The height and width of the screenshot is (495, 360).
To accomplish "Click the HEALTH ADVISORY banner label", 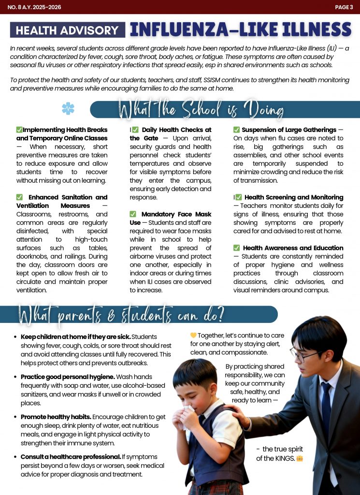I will coord(67,30).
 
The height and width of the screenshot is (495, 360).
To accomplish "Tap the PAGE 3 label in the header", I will coord(344,7).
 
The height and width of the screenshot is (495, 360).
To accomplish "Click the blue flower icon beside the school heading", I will coord(68,109).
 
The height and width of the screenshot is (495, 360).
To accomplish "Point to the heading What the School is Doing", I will coord(201,109).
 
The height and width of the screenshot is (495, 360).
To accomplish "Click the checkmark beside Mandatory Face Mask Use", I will coord(133,214).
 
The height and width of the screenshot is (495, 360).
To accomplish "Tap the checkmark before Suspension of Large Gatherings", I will coord(237,130).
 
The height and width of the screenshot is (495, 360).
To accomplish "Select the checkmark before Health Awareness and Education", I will coord(237,248).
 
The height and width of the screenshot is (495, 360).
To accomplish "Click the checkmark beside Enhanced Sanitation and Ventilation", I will coord(20,197).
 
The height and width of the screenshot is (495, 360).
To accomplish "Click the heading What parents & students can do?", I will coord(121,314).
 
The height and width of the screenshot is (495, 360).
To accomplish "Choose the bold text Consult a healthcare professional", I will coord(71,457).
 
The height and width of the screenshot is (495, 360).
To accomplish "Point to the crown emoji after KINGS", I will coord(300,458).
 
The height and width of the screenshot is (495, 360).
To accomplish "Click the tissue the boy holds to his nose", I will coord(187,412).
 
